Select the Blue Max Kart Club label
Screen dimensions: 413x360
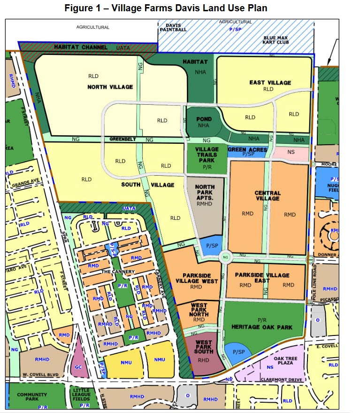(x=276, y=39)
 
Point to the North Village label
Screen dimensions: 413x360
(x=110, y=87)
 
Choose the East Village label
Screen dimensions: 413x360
(x=270, y=83)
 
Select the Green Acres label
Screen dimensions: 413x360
(x=247, y=150)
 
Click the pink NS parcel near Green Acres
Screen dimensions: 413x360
(x=291, y=153)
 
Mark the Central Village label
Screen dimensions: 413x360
(x=268, y=195)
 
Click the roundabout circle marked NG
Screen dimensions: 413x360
(x=226, y=257)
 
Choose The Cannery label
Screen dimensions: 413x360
(x=118, y=272)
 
